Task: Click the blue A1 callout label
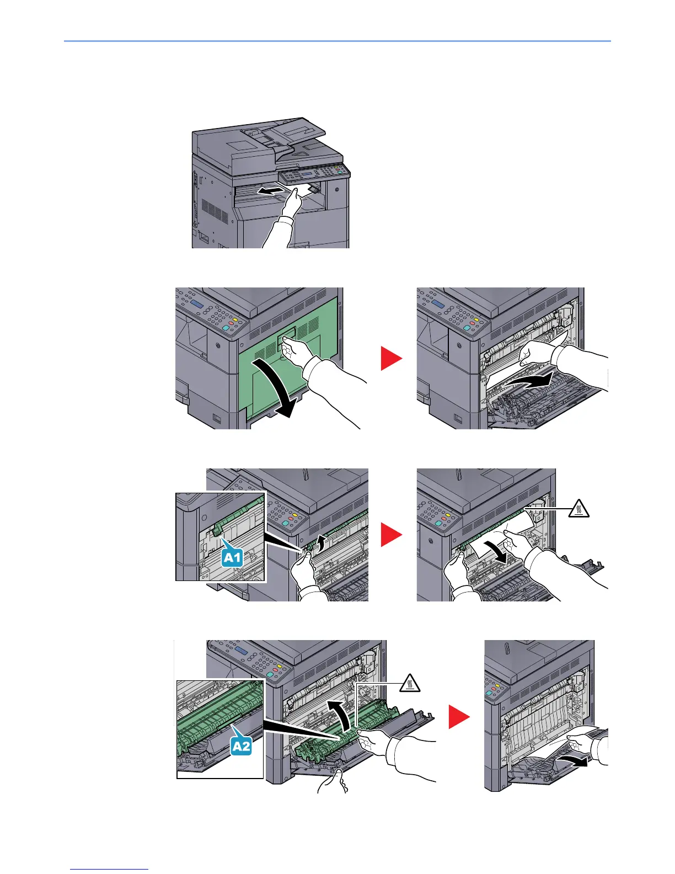click(232, 557)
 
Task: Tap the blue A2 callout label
click(240, 746)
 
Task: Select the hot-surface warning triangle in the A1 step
click(578, 509)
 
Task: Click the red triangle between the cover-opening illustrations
click(392, 359)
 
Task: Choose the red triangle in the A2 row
click(459, 717)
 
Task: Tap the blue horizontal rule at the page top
click(337, 41)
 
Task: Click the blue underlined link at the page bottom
click(110, 869)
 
